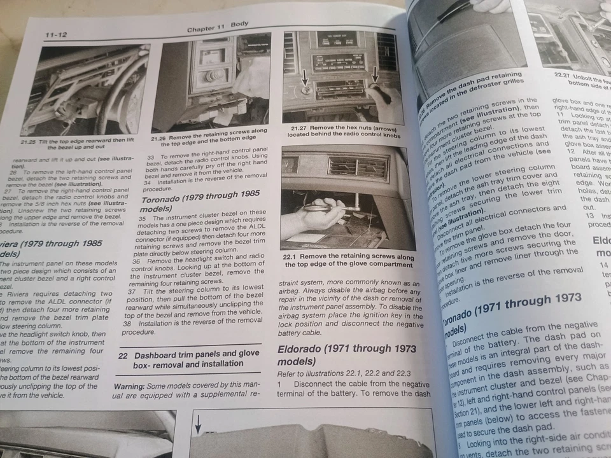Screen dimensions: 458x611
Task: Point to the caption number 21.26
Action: pyautogui.click(x=159, y=137)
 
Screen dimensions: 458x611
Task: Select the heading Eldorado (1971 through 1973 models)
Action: pyautogui.click(x=347, y=355)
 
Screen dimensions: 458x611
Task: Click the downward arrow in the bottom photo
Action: pyautogui.click(x=198, y=422)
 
